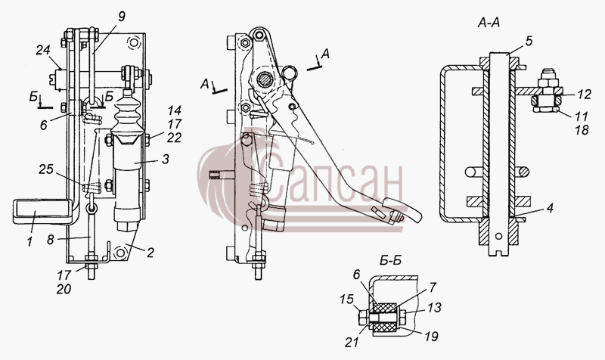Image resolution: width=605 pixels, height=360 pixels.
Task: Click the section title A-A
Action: coord(489,23)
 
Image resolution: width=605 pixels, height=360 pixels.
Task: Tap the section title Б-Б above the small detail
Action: coord(390,261)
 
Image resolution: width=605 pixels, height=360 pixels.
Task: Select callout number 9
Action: coord(122,17)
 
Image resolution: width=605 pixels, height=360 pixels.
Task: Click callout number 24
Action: coord(44,50)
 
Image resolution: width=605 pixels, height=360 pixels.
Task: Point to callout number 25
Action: coord(46,169)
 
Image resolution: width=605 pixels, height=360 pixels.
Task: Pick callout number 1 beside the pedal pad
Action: coord(29,242)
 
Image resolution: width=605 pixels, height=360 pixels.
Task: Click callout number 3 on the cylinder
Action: coord(165,159)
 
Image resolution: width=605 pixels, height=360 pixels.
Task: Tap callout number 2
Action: coord(150,253)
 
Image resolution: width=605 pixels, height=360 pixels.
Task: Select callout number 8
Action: coord(51,239)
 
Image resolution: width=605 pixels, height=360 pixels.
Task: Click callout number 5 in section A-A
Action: coord(528,41)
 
